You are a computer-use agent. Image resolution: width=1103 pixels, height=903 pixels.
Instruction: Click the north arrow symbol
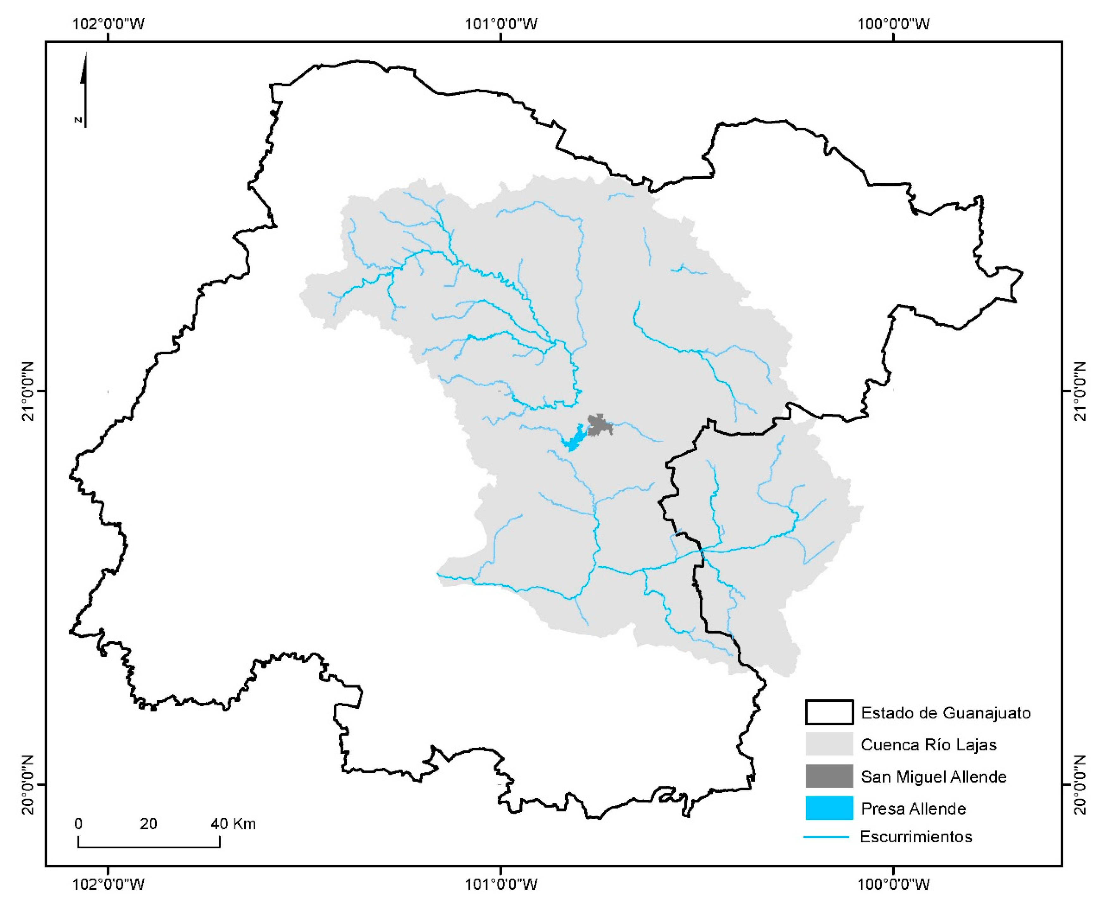(84, 90)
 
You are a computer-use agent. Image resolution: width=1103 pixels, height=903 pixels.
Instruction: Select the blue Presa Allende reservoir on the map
(574, 439)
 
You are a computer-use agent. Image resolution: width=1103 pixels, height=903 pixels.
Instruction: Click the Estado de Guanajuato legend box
(829, 712)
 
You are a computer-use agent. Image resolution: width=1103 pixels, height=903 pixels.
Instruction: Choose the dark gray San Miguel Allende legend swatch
(829, 776)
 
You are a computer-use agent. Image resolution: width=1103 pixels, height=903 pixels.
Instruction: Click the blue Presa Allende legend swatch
(829, 808)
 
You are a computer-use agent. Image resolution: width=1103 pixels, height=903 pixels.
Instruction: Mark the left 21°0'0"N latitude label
(27, 391)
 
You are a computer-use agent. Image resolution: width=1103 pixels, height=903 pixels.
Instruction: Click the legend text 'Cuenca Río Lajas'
(929, 744)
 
